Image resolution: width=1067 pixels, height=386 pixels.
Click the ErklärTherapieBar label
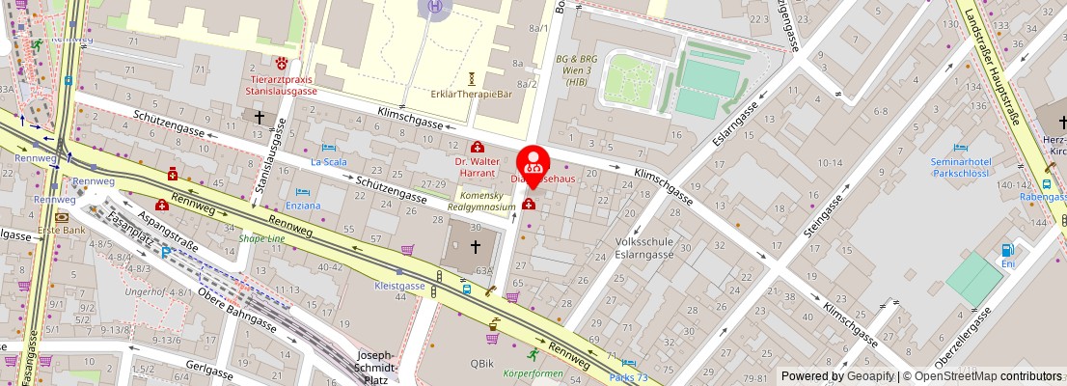click(x=471, y=94)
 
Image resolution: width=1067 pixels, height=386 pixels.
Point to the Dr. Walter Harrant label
click(x=478, y=166)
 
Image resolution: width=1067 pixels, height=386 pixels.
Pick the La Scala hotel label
click(x=328, y=162)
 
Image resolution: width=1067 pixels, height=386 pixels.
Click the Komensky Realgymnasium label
click(x=482, y=201)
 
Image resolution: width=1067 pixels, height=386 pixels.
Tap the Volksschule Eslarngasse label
click(x=655, y=250)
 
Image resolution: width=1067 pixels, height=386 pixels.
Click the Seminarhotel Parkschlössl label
click(x=961, y=167)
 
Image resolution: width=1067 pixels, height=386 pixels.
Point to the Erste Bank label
click(x=57, y=231)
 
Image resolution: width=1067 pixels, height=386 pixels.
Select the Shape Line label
click(x=261, y=239)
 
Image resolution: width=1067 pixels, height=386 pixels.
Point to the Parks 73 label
click(x=628, y=376)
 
